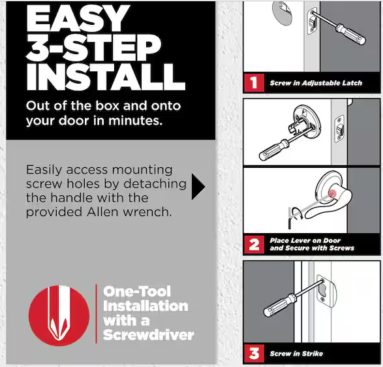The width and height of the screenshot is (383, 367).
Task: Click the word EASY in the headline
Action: tap(78, 18)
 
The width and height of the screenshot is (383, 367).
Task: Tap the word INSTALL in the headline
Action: tap(106, 77)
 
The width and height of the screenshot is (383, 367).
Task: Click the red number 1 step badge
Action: tap(254, 83)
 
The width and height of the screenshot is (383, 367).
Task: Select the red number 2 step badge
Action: tap(254, 244)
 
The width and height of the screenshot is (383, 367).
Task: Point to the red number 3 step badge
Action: tap(254, 353)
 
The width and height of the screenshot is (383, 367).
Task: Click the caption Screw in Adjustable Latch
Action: tap(316, 83)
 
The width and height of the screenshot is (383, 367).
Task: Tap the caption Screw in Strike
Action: tap(296, 353)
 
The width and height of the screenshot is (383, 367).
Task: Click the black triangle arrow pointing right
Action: tap(198, 187)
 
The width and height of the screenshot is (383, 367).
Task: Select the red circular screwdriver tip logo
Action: tap(59, 315)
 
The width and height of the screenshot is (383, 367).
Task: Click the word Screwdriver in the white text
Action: tap(149, 335)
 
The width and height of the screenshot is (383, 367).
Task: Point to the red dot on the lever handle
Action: tap(332, 193)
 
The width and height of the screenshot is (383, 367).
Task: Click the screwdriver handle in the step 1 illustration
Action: tap(350, 34)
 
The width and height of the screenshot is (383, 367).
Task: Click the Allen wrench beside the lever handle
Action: tap(290, 218)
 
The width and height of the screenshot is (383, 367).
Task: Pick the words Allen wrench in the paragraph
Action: tap(129, 212)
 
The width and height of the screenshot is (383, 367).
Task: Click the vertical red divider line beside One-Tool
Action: tap(96, 313)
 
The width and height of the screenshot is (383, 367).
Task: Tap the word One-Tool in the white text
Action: tap(137, 291)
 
